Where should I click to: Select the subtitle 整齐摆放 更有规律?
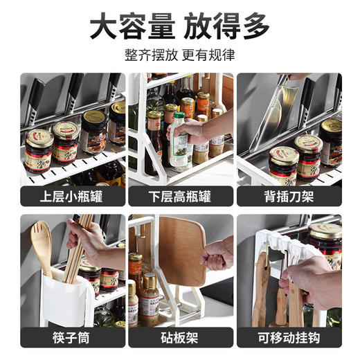(x=179, y=55)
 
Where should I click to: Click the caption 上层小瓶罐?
(x=72, y=197)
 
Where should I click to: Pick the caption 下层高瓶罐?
(x=180, y=197)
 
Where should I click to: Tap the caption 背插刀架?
(x=289, y=197)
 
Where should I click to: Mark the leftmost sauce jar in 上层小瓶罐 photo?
(x=39, y=149)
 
